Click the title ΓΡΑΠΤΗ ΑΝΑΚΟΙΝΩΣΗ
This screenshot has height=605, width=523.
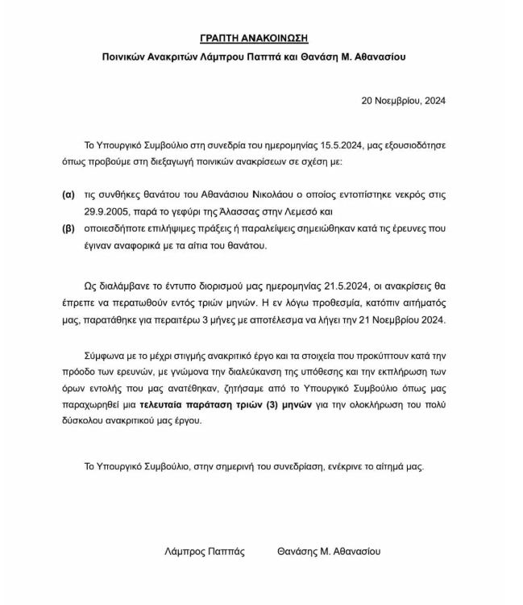click(254, 38)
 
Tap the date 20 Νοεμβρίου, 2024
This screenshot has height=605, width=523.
click(403, 101)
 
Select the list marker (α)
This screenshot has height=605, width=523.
click(68, 195)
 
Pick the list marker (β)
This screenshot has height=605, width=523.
click(68, 229)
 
